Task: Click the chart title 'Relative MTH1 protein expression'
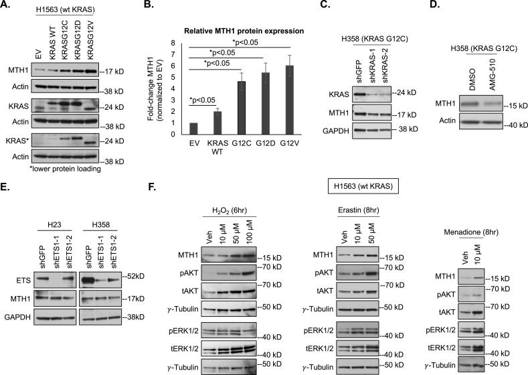tap(226, 31)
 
